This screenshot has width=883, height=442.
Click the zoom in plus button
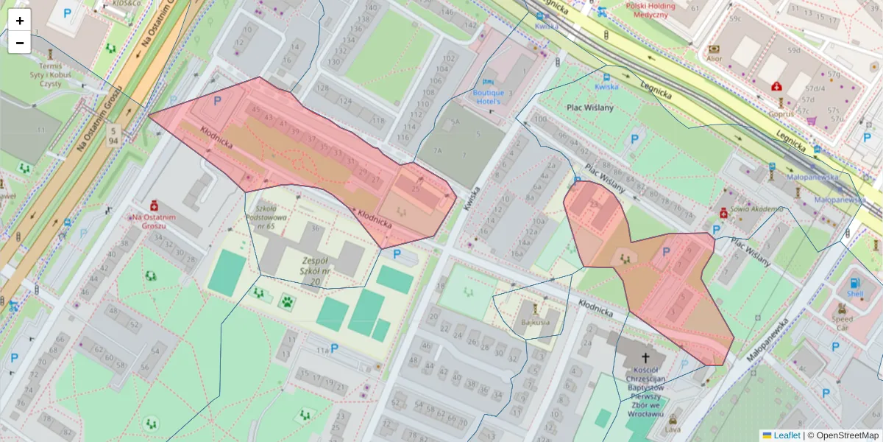pyautogui.click(x=20, y=21)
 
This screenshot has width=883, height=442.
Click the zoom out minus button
pyautogui.click(x=20, y=43)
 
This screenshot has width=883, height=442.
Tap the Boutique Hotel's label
pyautogui.click(x=488, y=97)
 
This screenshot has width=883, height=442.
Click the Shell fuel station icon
pyautogui.click(x=854, y=283)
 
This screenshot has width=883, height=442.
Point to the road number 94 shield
pyautogui.click(x=113, y=136)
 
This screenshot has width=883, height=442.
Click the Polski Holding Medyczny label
pyautogui.click(x=636, y=10)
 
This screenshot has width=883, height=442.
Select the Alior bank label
pyautogui.click(x=714, y=58)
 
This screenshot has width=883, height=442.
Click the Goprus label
pyautogui.click(x=781, y=114)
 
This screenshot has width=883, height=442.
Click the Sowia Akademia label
pyautogui.click(x=756, y=209)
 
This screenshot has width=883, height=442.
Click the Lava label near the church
pyautogui.click(x=673, y=429)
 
